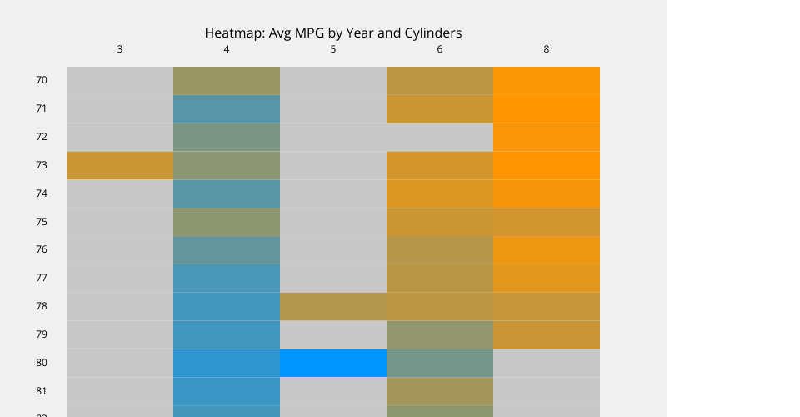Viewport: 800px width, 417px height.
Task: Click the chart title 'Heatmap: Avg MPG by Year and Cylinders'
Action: pos(333,33)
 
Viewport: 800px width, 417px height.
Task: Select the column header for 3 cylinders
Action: pos(120,49)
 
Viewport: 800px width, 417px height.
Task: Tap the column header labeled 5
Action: pos(333,49)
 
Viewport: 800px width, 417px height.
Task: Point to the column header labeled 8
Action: pos(547,49)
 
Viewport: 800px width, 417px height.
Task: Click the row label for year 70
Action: pos(42,80)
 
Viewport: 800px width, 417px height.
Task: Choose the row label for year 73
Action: pos(42,165)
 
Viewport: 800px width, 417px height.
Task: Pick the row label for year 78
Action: pos(42,306)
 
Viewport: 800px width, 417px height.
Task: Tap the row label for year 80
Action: pos(42,363)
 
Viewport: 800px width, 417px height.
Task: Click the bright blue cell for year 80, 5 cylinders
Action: pos(333,363)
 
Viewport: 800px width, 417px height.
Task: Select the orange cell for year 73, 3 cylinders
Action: pos(120,165)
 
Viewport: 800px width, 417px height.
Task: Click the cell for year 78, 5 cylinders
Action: pos(333,306)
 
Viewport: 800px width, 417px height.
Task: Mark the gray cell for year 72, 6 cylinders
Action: pos(440,137)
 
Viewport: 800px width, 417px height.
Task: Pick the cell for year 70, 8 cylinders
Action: pos(547,80)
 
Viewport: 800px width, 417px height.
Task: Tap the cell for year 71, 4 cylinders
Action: pos(227,108)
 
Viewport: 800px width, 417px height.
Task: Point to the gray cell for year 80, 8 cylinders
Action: pos(547,363)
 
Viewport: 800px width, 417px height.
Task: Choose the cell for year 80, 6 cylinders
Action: pos(440,363)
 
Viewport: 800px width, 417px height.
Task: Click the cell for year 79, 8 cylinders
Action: pos(547,334)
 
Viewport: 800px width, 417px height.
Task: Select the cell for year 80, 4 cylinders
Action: pos(227,363)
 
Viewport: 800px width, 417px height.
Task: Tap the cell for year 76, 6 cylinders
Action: pos(440,249)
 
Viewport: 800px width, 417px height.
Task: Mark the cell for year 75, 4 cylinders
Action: pos(227,222)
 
